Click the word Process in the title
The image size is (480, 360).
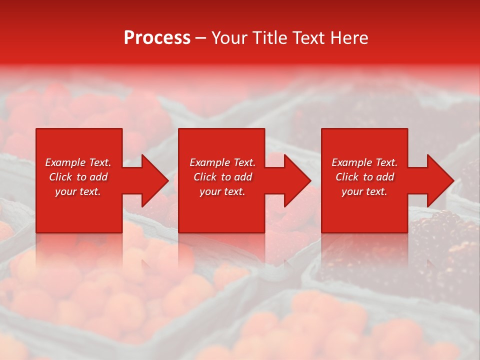(x=157, y=38)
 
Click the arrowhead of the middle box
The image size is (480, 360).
(x=299, y=180)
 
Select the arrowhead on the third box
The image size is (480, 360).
(x=442, y=180)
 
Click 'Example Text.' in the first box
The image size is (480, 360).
(x=78, y=162)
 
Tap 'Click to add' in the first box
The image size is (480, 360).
(x=78, y=177)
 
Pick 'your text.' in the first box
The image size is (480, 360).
(x=78, y=191)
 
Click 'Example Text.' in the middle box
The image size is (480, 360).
(x=222, y=162)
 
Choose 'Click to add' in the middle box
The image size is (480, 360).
(x=222, y=177)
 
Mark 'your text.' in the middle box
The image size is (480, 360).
(x=222, y=191)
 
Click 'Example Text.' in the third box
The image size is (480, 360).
(x=364, y=162)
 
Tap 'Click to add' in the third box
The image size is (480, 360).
(x=364, y=177)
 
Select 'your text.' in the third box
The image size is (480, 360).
(x=364, y=191)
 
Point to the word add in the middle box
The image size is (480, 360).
(x=243, y=177)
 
